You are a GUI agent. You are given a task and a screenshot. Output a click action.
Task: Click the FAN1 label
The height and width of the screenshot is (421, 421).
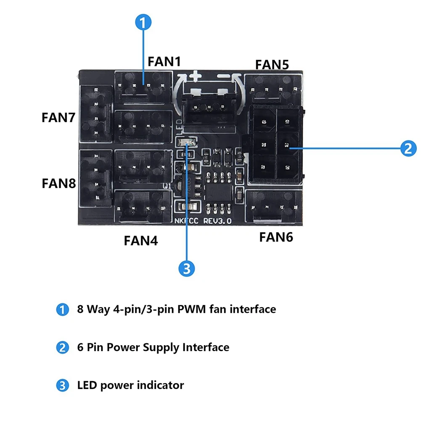pos(164,62)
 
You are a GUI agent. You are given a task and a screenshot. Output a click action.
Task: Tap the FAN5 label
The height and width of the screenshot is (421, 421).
pos(272,64)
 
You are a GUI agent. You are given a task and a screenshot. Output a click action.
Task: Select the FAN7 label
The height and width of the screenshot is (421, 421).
pos(58,117)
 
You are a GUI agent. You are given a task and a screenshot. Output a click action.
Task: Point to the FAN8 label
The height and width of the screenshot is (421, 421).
pos(58,183)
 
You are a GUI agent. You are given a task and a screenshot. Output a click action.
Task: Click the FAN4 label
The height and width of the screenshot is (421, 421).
pos(140,241)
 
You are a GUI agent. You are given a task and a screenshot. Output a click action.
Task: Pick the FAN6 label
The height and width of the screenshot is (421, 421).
pos(276,237)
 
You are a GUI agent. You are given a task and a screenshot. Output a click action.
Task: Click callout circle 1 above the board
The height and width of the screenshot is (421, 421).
pos(143,22)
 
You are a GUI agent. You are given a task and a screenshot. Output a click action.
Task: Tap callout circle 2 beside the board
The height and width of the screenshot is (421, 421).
pos(408,148)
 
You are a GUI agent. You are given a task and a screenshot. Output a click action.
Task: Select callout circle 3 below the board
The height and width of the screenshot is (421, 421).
pos(186,268)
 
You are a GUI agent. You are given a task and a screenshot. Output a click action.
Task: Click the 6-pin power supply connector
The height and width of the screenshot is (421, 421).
pos(275,145)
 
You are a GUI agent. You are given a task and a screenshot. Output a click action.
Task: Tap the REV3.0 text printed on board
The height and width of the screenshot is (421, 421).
pos(217,221)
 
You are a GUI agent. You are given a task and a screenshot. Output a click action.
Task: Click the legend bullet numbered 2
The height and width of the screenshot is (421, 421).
pos(62,348)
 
